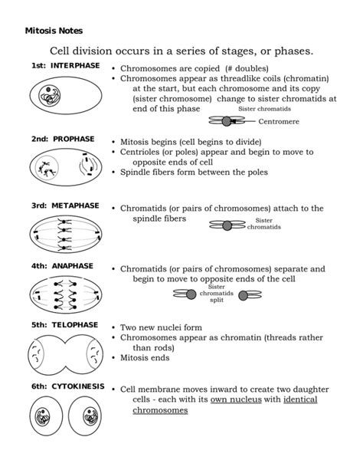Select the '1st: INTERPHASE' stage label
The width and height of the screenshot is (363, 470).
tap(65, 66)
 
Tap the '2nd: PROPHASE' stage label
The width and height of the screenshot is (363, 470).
tap(63, 139)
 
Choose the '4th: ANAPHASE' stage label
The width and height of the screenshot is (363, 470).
tap(62, 266)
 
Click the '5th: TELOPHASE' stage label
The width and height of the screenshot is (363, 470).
tap(64, 325)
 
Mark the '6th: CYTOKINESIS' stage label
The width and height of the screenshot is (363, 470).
tap(67, 386)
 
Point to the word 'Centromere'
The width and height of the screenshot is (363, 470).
tap(279, 122)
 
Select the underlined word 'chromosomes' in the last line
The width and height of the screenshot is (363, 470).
tap(160, 411)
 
